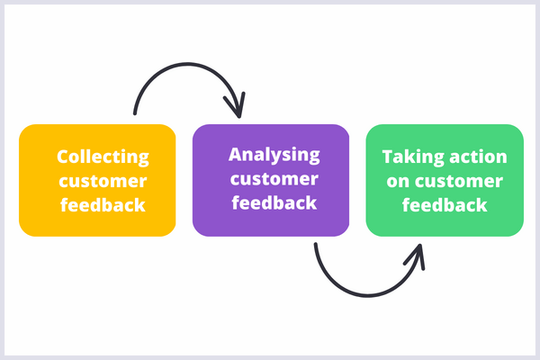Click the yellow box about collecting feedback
point(97,180)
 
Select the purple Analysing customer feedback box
point(271,180)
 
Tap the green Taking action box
point(445,180)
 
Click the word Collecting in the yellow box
point(103,157)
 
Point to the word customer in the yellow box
point(103,181)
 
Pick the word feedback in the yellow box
point(103,205)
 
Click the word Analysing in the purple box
point(274,154)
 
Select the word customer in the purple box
point(274,178)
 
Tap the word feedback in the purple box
point(274,202)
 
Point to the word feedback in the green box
point(445,205)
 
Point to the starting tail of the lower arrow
point(316,245)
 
